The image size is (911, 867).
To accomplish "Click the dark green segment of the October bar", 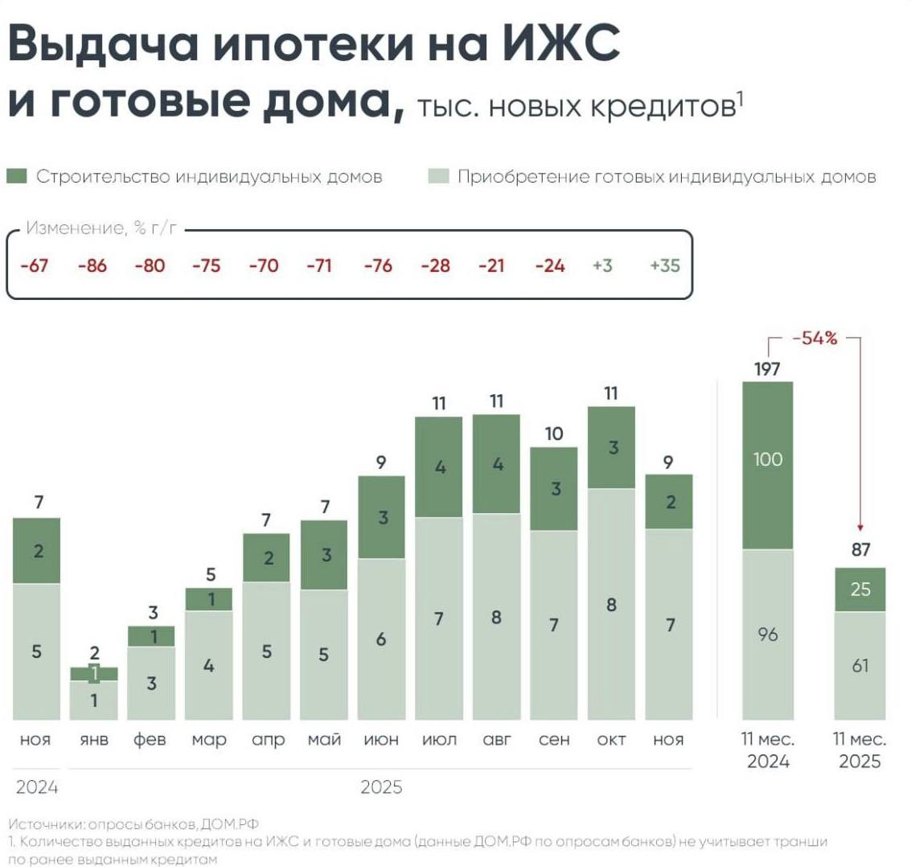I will click(x=613, y=447).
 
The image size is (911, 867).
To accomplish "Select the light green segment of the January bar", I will click(x=93, y=701).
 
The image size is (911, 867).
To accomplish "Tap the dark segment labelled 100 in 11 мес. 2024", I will click(x=767, y=464).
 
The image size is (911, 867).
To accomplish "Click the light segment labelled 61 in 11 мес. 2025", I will click(x=860, y=666).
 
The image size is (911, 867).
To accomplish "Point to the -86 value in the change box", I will click(x=92, y=265).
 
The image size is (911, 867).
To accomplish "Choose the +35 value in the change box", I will click(x=664, y=265).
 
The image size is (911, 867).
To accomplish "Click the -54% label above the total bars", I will click(x=814, y=339).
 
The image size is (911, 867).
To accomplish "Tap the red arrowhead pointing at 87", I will click(x=860, y=527).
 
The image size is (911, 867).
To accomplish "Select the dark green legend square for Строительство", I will click(x=17, y=176).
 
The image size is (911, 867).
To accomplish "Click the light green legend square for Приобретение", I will click(x=438, y=176).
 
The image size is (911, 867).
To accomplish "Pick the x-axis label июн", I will click(x=381, y=740).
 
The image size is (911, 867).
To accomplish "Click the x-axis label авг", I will click(x=496, y=740).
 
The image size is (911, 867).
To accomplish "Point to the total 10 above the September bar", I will click(x=554, y=433).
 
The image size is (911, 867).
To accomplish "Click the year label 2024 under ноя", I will click(x=37, y=787).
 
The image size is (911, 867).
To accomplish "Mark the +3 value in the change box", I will click(x=602, y=265).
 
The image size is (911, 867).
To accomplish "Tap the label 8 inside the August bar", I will click(x=497, y=618).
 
